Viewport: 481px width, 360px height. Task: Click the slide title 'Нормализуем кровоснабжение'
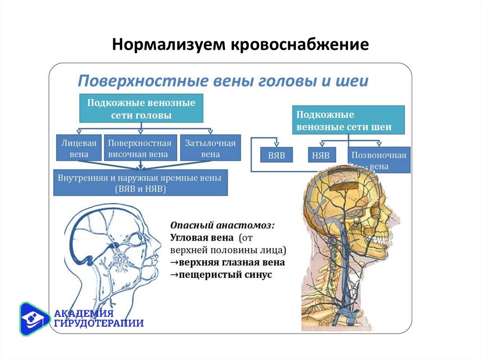pos(240,46)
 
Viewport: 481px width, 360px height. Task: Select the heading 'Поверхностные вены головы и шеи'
pos(223,81)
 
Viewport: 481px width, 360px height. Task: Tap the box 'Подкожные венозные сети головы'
pos(141,108)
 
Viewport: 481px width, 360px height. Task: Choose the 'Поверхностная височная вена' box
pos(140,148)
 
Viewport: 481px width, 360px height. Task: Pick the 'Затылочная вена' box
pos(210,148)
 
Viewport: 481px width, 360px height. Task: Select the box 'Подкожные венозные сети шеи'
pos(348,121)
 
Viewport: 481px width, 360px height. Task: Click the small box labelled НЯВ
pos(322,154)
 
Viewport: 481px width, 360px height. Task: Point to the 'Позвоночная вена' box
pos(379,160)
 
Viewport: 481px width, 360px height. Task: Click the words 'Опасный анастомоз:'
pos(223,225)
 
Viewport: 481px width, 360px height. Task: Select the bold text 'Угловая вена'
pos(202,237)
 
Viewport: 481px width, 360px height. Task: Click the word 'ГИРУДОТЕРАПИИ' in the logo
pos(99,323)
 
